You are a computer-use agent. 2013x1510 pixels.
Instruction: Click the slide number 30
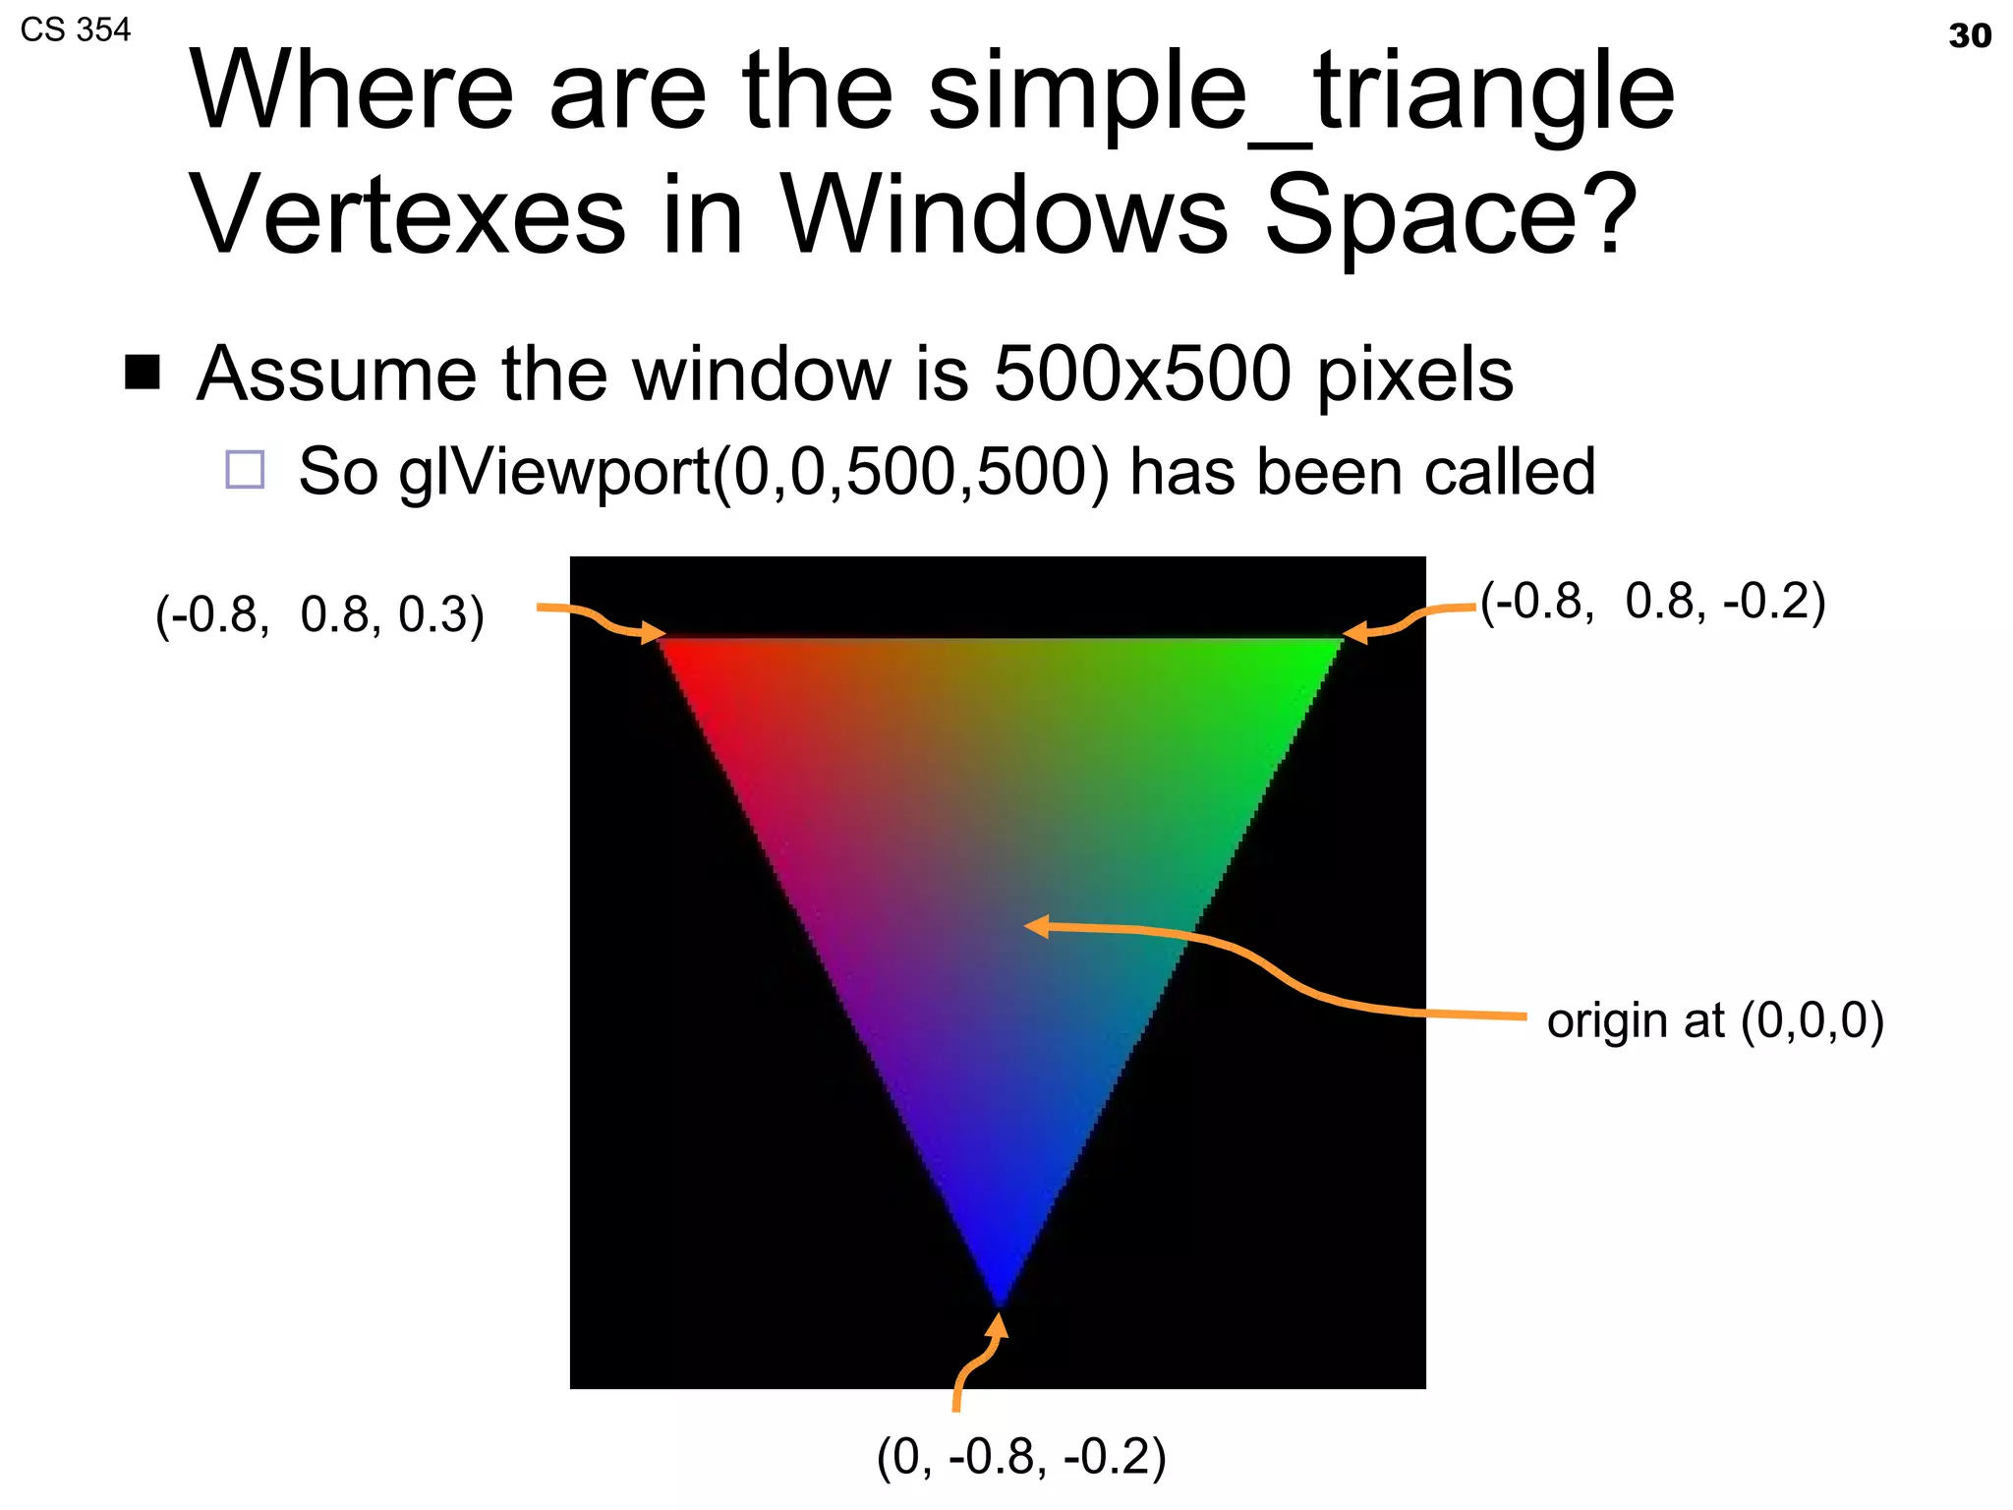click(1969, 36)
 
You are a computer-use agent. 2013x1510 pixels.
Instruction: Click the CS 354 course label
click(75, 30)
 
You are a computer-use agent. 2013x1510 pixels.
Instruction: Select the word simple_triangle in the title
click(1300, 92)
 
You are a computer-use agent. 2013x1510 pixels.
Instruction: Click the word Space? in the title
click(1451, 214)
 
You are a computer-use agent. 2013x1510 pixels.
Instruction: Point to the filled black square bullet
click(143, 372)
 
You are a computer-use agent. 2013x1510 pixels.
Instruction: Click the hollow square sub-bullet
click(245, 469)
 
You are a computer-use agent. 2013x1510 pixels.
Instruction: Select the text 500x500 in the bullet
click(1141, 374)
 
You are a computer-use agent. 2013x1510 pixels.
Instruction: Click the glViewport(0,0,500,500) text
click(753, 473)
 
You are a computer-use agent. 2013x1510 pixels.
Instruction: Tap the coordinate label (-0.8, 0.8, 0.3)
click(319, 614)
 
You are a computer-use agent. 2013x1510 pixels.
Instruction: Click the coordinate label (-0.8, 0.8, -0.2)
click(1652, 601)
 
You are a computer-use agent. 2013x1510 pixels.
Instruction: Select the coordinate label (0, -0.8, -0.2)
click(1020, 1456)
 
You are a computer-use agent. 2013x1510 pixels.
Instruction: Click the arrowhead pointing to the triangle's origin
click(1036, 925)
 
